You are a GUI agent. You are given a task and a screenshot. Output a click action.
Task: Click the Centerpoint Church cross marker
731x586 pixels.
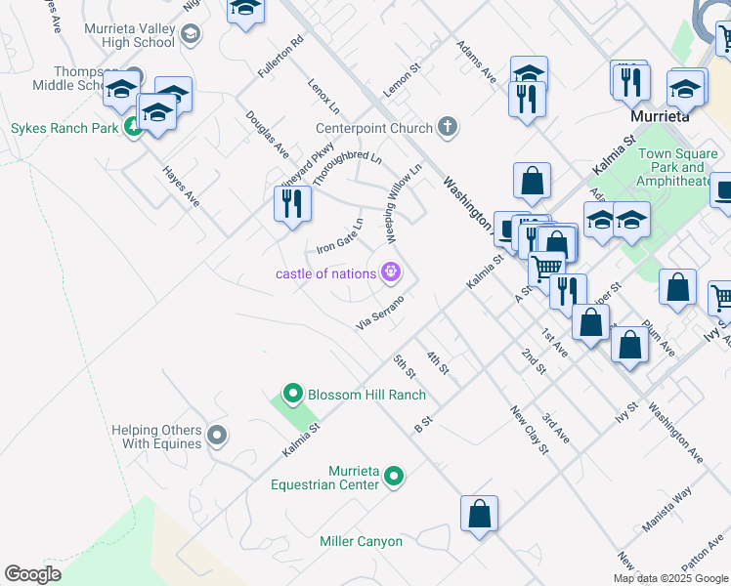pyautogui.click(x=448, y=127)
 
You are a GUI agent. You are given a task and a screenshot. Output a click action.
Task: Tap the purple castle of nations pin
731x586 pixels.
pyautogui.click(x=392, y=272)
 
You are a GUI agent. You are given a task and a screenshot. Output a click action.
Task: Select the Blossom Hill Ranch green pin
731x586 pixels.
pyautogui.click(x=291, y=395)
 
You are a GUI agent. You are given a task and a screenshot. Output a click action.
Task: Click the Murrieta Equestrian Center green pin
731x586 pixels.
pyautogui.click(x=394, y=477)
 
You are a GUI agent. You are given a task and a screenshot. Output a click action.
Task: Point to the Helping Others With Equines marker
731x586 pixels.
pyautogui.click(x=218, y=436)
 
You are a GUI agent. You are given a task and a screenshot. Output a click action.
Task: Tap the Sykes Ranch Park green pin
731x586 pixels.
pyautogui.click(x=134, y=128)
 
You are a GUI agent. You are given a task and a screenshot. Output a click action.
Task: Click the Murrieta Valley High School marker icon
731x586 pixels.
pyautogui.click(x=191, y=35)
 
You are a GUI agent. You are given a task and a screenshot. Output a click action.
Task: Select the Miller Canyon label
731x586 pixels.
pyautogui.click(x=361, y=541)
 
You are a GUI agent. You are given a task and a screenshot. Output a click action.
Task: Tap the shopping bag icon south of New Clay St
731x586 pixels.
pyautogui.click(x=479, y=514)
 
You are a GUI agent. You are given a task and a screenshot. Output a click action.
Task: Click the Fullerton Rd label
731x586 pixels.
pyautogui.click(x=281, y=58)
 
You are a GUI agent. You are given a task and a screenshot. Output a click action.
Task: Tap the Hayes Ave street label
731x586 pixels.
pyautogui.click(x=181, y=186)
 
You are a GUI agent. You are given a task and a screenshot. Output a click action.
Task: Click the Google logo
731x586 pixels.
pyautogui.click(x=32, y=574)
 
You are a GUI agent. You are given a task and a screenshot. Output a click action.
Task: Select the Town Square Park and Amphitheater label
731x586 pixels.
pyautogui.click(x=677, y=167)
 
